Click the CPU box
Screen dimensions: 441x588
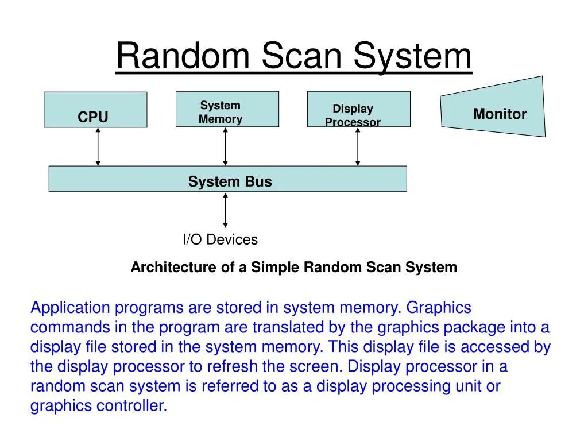click(95, 110)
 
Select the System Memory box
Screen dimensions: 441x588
click(227, 109)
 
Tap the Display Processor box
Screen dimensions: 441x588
click(358, 109)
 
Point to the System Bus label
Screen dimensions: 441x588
click(230, 182)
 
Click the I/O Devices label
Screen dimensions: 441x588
click(220, 239)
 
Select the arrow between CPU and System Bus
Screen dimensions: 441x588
click(98, 146)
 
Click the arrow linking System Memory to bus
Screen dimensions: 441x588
click(225, 146)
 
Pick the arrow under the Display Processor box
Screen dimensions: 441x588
click(358, 146)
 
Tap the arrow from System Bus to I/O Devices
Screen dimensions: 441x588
click(225, 210)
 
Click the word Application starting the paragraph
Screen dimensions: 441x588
click(69, 308)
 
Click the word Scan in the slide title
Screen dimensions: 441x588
click(300, 56)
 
